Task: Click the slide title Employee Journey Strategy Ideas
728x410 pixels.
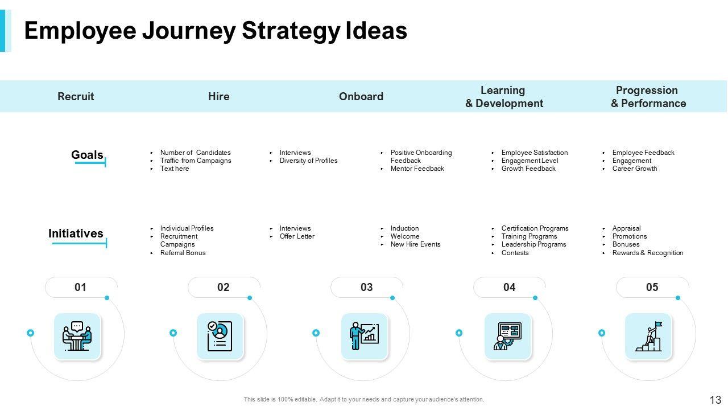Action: click(216, 31)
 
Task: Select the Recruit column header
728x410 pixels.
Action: click(76, 97)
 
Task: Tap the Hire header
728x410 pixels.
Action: click(219, 97)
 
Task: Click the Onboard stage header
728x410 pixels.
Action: click(361, 97)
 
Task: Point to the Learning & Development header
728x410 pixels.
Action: click(504, 97)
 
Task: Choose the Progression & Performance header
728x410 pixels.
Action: click(648, 97)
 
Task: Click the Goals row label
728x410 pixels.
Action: click(87, 155)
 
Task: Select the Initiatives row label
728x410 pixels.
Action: click(76, 233)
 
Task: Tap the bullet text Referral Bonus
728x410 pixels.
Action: click(183, 253)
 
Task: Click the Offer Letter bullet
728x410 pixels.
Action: click(297, 236)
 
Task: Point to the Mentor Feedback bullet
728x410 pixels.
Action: click(417, 169)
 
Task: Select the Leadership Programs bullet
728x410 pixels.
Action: click(533, 244)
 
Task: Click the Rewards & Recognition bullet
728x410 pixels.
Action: click(647, 253)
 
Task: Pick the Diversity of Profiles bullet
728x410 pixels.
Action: click(308, 161)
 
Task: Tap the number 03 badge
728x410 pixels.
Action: click(366, 288)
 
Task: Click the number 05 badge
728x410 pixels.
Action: click(652, 288)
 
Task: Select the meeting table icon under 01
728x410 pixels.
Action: click(77, 337)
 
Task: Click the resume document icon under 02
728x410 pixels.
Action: click(220, 337)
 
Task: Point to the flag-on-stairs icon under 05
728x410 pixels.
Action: click(648, 337)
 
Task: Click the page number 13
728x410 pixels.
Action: click(715, 400)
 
